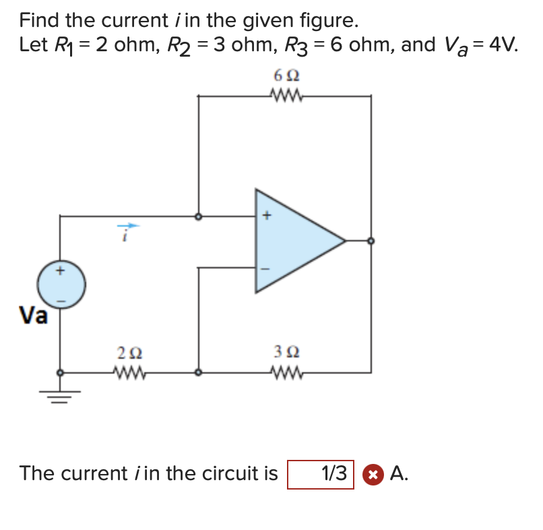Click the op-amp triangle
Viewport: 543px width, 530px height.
click(x=294, y=240)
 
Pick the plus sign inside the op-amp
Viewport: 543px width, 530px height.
click(x=266, y=216)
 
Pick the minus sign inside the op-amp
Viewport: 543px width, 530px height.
click(x=265, y=268)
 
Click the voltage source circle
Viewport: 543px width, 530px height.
click(x=61, y=285)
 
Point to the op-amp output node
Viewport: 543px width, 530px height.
click(x=371, y=240)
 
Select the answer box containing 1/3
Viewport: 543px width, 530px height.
click(x=321, y=473)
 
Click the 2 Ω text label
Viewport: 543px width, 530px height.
click(x=129, y=352)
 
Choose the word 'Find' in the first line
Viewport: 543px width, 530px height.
click(x=39, y=20)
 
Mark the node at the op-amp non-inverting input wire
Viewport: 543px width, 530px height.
click(x=198, y=217)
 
